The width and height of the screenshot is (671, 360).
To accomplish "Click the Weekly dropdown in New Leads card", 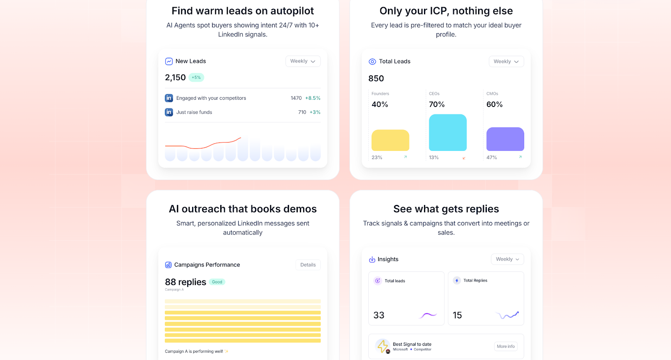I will pos(303,61).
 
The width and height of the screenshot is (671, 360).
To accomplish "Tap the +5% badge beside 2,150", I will pos(196,78).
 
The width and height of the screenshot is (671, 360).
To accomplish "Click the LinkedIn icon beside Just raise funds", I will pos(169,112).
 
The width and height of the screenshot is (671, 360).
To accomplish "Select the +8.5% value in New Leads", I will pos(312,98).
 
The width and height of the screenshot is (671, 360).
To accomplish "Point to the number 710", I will pos(302,112).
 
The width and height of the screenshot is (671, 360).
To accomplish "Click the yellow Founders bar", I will pos(390,140).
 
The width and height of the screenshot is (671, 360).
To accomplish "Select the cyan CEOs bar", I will pos(447,132).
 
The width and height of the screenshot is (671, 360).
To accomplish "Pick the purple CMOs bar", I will pos(505,139).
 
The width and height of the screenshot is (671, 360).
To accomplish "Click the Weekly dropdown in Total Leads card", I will pos(506,62).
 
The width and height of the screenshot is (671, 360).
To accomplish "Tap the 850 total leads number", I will pos(376,78).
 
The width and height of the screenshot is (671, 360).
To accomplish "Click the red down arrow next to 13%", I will pos(464,158).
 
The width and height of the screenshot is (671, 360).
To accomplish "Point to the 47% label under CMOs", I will pos(492,158).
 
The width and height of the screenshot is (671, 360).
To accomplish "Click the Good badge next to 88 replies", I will pos(217,282).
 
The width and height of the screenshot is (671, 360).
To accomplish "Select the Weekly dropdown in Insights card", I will pos(507,259).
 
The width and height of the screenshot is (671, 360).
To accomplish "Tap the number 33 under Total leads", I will pos(379,315).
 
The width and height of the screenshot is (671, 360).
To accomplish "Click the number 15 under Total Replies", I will pos(457,315).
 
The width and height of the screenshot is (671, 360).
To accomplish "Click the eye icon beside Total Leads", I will pos(372,62).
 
